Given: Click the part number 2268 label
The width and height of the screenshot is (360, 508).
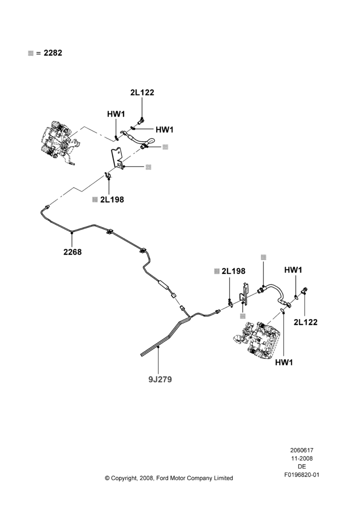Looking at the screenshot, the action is click(72, 252).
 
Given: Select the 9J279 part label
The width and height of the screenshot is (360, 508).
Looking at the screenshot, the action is click(160, 379).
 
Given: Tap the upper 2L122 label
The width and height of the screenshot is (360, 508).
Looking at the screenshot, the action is click(142, 92).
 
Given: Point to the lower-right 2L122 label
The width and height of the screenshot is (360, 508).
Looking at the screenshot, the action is click(306, 322).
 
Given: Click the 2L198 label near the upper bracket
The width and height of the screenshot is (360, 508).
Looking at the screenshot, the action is click(112, 200).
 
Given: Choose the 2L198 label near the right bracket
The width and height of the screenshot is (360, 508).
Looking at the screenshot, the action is click(233, 271).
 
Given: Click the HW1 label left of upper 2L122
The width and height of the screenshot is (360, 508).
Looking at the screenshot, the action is click(116, 114).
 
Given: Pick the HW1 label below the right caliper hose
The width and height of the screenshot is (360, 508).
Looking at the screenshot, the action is click(284, 363).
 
